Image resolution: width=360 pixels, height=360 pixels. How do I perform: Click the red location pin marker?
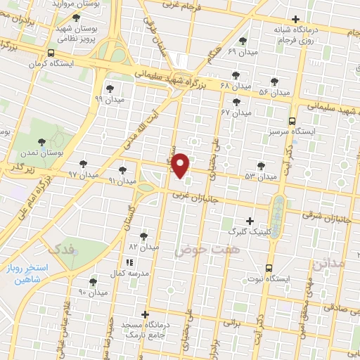click(x=181, y=165)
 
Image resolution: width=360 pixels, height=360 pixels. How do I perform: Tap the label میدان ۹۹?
click(x=108, y=99)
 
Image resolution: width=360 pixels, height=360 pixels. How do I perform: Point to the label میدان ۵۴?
click(x=274, y=92)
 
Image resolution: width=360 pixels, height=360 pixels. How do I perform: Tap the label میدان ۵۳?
click(x=261, y=176)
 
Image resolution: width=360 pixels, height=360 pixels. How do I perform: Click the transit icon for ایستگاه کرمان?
click(x=50, y=53)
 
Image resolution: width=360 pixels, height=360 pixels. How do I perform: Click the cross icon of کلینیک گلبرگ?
click(x=250, y=220)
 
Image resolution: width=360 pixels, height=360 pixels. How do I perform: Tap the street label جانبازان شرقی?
click(x=327, y=215)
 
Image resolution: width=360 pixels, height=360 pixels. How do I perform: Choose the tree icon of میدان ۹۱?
click(x=123, y=169)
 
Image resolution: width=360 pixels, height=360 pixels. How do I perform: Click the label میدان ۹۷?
click(x=82, y=174)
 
